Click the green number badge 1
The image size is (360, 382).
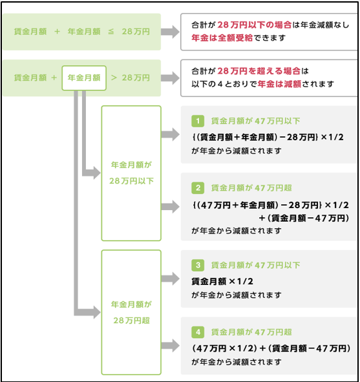(x=198, y=121)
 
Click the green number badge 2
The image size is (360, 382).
(x=198, y=188)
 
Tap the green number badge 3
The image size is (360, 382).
(x=198, y=265)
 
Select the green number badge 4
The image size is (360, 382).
(x=198, y=332)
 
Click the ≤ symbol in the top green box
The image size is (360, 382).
(x=111, y=32)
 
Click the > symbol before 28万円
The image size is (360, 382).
(x=114, y=78)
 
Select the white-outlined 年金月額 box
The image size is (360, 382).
(x=84, y=78)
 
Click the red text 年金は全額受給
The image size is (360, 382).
(x=222, y=37)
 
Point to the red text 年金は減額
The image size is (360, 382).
(x=279, y=84)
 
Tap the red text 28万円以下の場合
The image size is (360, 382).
(x=255, y=25)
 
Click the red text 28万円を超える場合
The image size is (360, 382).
(x=259, y=71)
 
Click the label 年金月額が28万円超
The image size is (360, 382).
(x=131, y=312)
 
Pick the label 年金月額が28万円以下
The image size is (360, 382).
(x=131, y=173)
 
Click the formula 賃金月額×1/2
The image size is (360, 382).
(x=222, y=281)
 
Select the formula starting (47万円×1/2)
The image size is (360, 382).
(x=271, y=348)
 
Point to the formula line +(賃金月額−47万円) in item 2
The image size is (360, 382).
(x=304, y=218)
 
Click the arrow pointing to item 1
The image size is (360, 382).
(x=170, y=134)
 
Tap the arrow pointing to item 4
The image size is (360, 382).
(x=170, y=345)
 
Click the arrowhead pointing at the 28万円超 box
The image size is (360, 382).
(x=96, y=312)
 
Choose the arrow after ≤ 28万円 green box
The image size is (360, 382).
(x=170, y=32)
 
